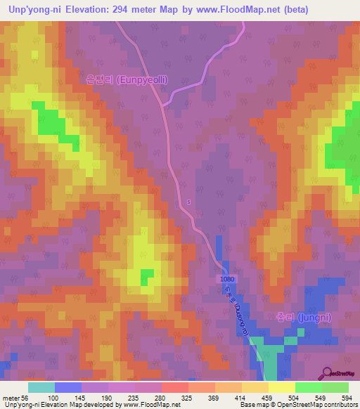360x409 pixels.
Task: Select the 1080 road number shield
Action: coord(226,279)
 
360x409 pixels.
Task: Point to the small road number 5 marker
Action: coord(188,202)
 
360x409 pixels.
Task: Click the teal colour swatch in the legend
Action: coord(41,387)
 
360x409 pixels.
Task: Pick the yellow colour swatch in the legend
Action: coord(281,387)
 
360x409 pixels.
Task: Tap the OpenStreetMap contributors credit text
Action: coord(316,405)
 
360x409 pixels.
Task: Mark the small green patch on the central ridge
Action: coord(147,276)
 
